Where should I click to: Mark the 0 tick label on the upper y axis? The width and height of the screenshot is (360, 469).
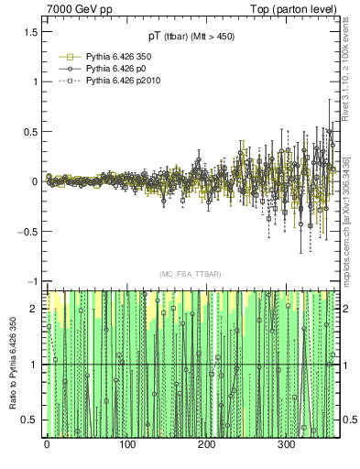point(34,181)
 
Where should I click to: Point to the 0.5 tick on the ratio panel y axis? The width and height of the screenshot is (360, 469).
point(29,420)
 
